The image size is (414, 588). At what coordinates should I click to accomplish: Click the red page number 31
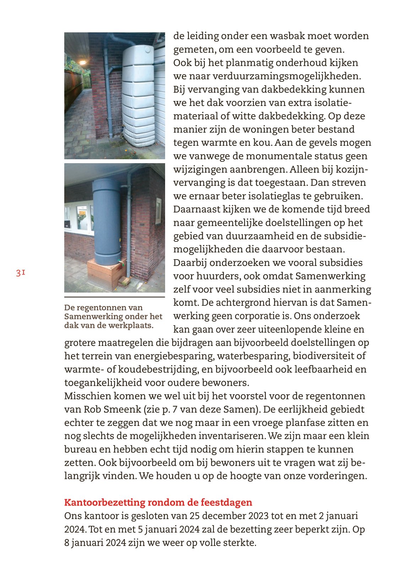pos(20,273)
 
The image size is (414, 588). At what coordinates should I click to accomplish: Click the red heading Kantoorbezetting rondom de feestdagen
pos(158,502)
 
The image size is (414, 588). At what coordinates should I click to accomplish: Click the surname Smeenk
pos(122,409)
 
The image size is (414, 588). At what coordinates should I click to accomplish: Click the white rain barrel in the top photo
pos(138,96)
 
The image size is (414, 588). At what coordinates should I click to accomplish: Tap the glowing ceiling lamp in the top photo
pos(82,63)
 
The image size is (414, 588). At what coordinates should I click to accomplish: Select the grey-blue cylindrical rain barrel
pos(107,220)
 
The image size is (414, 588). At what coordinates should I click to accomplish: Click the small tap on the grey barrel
pos(121,263)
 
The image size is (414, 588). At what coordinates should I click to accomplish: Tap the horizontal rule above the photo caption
pos(114,297)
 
